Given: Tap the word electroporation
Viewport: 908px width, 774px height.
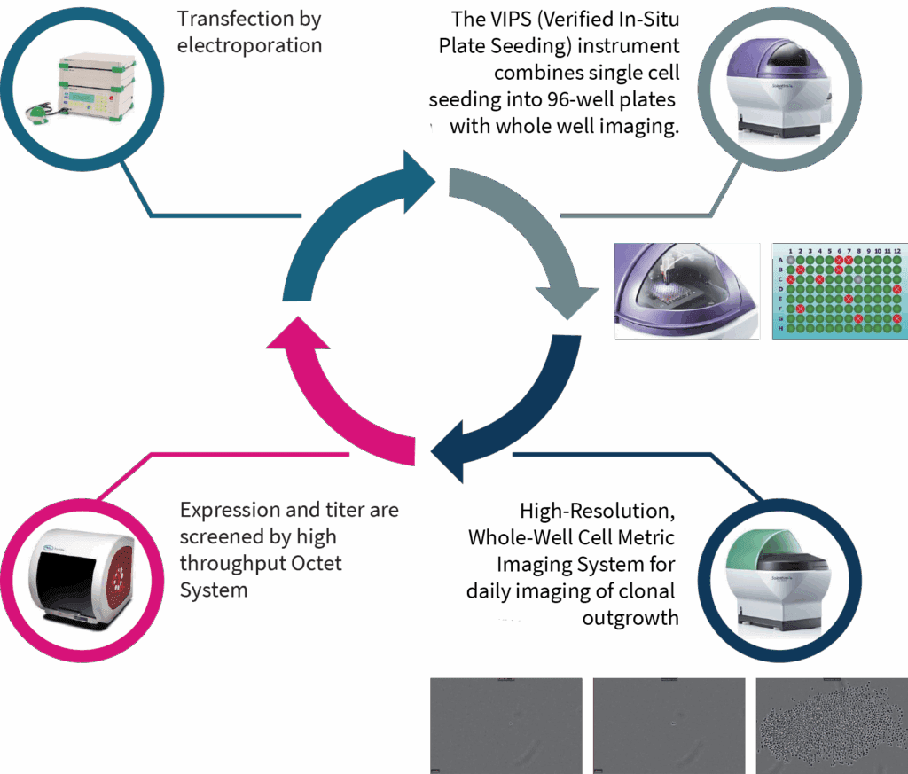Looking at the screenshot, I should coord(249,45).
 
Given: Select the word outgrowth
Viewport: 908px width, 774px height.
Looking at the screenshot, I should coord(630,618).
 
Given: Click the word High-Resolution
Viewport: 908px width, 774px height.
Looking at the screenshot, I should coord(598,512).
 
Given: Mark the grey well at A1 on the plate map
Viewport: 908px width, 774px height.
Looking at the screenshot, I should coord(790,259).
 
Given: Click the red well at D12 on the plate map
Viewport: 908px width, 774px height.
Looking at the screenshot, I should coord(897,289).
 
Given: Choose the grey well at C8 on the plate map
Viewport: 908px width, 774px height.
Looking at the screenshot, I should coord(858,279).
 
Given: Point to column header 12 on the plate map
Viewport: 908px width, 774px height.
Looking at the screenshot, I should coord(897,251).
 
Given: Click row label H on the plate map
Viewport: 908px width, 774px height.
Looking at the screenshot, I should coord(780,328).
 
